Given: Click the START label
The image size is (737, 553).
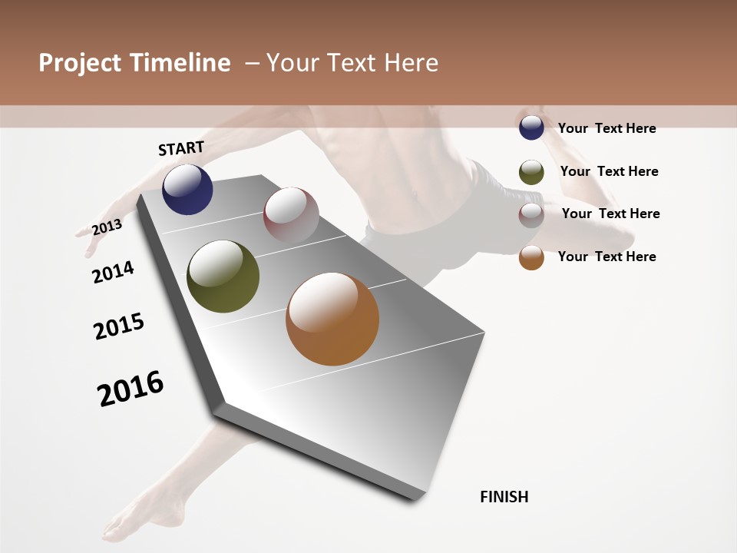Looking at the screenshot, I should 181,148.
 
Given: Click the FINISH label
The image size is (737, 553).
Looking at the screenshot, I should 504,497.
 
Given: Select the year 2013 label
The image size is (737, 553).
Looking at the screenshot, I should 107,227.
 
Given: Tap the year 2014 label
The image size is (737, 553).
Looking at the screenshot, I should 113,272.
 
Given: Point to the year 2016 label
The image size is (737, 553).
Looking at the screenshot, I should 131,389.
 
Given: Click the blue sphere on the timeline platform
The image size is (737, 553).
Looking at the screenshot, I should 187,190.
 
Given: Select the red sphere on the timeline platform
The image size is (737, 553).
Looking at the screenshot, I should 291,214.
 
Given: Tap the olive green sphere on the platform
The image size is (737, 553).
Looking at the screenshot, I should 223,276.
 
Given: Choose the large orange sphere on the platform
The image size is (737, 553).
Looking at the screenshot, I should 332,319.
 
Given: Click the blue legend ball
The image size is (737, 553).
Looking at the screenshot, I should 531,128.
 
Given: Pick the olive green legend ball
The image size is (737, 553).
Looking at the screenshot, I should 531,172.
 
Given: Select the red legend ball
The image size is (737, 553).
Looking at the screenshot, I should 531,215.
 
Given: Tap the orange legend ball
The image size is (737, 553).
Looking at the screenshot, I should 531,258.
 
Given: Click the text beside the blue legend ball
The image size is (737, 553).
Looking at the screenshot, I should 606,128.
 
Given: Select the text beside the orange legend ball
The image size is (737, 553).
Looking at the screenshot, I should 606,257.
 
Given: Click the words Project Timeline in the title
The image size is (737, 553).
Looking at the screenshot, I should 134,63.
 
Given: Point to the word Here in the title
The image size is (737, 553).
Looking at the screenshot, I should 411,63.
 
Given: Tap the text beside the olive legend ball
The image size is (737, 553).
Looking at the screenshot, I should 609,171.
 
